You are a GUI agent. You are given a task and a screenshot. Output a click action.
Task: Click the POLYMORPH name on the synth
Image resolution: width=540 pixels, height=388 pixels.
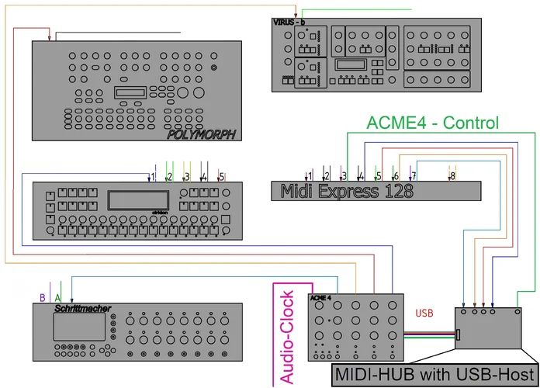pyautogui.click(x=200, y=135)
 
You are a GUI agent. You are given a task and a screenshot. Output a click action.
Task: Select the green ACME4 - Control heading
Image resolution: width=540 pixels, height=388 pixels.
pyautogui.click(x=432, y=123)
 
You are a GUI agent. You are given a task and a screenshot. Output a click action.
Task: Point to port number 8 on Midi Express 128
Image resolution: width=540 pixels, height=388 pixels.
pyautogui.click(x=452, y=176)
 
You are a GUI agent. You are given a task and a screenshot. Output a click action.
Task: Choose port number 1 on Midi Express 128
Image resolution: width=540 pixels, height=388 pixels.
pyautogui.click(x=310, y=176)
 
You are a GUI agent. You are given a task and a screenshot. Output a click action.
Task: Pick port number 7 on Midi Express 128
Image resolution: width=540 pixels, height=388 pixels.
pyautogui.click(x=413, y=176)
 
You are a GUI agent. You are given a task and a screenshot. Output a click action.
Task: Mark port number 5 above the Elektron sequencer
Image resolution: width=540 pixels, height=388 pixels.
pyautogui.click(x=221, y=177)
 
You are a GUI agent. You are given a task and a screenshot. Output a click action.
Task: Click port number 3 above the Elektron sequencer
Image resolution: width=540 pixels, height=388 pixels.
pyautogui.click(x=187, y=177)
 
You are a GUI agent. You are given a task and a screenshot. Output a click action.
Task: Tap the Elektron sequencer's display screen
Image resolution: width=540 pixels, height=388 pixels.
pyautogui.click(x=139, y=199)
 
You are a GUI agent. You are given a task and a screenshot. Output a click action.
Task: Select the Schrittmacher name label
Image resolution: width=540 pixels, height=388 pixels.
pyautogui.click(x=78, y=308)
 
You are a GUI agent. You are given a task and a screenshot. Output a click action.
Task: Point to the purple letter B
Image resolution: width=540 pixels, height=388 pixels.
pyautogui.click(x=42, y=296)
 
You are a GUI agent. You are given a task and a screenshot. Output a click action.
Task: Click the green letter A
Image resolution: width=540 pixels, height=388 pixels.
pyautogui.click(x=58, y=296)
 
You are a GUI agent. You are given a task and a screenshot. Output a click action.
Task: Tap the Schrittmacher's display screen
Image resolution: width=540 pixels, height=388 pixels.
pyautogui.click(x=75, y=329)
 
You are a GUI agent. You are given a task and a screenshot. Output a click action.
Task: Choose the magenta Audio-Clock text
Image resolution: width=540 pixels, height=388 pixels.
pyautogui.click(x=286, y=338)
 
